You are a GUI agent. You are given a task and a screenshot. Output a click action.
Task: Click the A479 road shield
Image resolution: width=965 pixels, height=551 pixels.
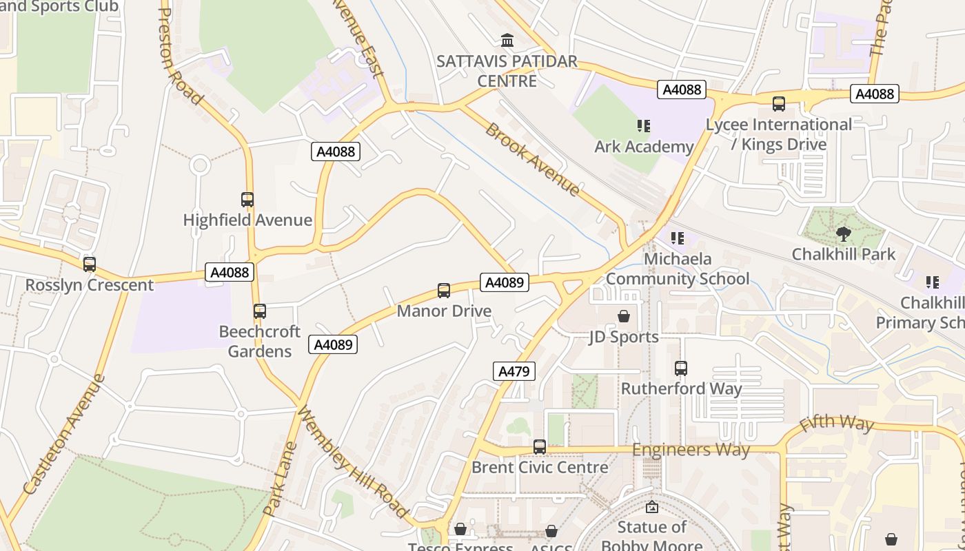[x=514, y=372]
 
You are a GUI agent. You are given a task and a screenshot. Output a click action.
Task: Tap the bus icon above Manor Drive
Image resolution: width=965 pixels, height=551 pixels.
[x=444, y=291]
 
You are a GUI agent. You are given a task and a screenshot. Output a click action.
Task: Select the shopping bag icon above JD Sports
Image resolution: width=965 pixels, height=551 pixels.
[x=624, y=316]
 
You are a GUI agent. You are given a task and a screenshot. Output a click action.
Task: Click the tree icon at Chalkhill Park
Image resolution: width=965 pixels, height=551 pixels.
[x=843, y=233]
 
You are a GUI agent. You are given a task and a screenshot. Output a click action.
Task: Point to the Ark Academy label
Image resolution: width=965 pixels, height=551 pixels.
[x=644, y=147]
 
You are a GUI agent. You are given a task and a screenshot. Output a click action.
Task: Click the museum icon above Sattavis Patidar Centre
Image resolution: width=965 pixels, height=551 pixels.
[x=508, y=40]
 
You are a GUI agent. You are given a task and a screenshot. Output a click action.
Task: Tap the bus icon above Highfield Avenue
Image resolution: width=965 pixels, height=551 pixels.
[x=247, y=200]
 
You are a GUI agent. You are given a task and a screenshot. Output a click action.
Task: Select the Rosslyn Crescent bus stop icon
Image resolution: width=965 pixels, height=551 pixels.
[x=90, y=264]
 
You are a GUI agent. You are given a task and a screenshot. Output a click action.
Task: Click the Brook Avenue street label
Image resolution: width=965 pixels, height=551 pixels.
[x=532, y=159]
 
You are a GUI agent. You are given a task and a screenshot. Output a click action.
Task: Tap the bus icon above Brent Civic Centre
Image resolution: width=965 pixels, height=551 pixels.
[x=540, y=447]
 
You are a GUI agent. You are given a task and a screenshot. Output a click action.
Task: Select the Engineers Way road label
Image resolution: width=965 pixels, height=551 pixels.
[x=691, y=450]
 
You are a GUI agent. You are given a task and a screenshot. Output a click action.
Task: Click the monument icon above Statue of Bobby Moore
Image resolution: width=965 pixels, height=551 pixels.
[x=651, y=508]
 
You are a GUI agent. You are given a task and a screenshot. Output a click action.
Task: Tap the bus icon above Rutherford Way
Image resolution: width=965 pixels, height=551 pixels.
[x=681, y=368]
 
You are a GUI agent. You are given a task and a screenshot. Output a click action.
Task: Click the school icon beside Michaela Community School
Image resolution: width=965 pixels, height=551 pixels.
[x=678, y=238]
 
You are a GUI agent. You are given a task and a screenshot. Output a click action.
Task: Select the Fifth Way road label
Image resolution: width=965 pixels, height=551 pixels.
[x=836, y=422]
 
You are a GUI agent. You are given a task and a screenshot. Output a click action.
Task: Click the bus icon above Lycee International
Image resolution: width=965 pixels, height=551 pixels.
[x=779, y=104]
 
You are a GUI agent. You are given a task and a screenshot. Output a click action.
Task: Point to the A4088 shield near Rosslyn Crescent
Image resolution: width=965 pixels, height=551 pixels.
[x=230, y=272]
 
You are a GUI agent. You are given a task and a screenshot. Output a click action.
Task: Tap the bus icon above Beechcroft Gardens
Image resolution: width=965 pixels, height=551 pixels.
[x=260, y=311]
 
